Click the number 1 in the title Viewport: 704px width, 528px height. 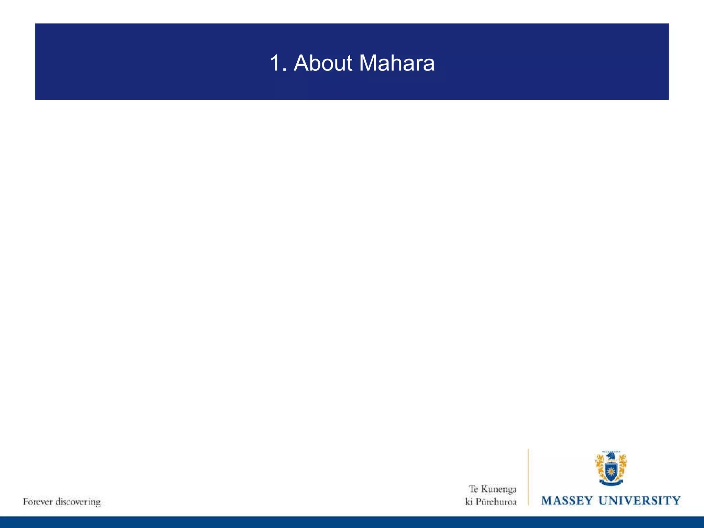tap(275, 63)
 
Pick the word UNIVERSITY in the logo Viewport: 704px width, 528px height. tap(639, 500)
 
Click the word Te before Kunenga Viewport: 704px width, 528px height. tap(473, 489)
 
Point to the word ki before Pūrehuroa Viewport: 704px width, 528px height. tap(469, 502)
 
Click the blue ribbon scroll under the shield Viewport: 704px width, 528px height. tap(611, 483)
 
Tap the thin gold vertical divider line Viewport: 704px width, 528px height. tap(528, 478)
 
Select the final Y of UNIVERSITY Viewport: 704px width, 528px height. tap(676, 500)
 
